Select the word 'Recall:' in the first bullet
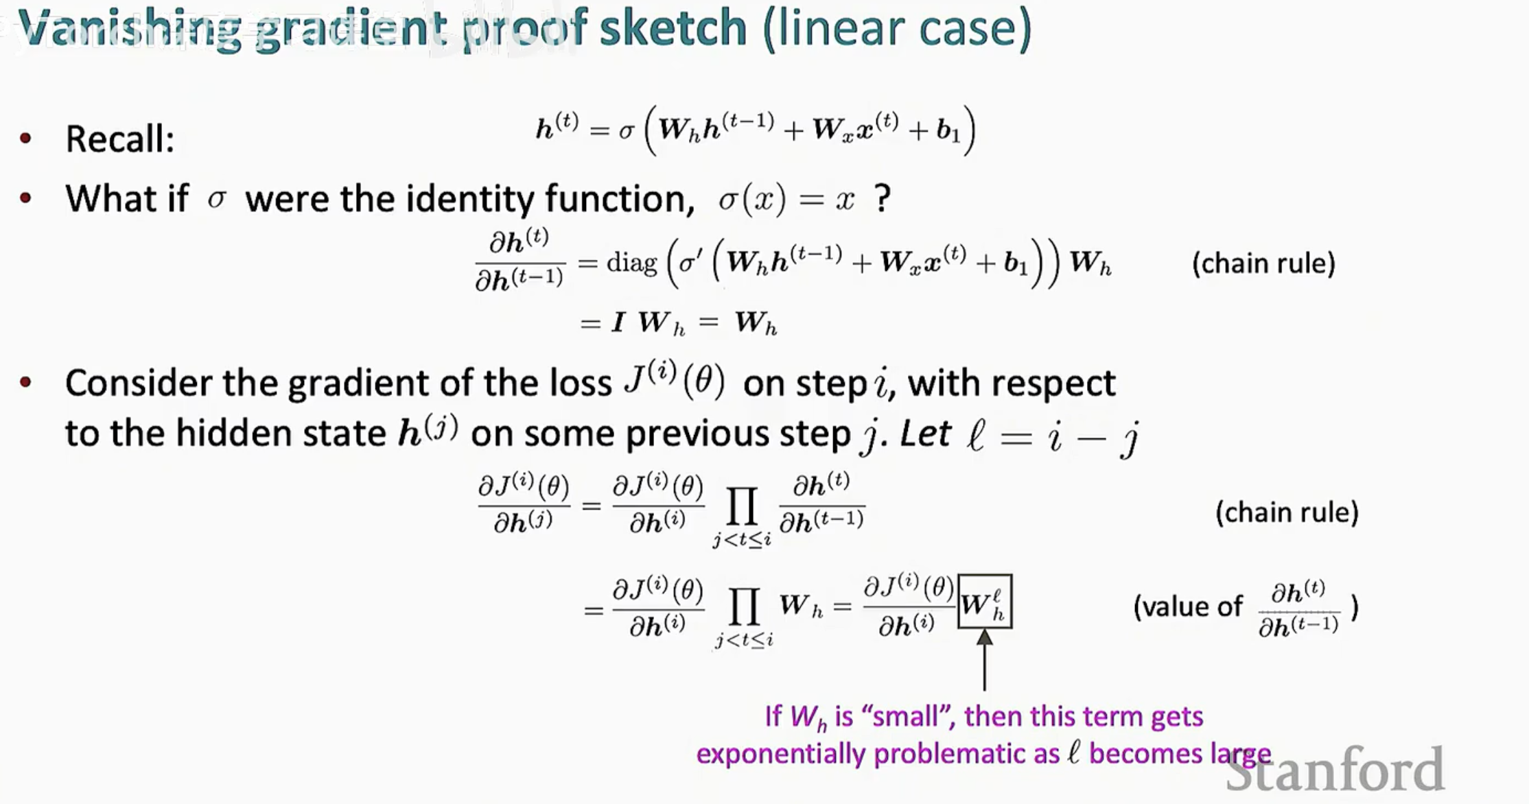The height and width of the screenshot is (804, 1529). pos(120,139)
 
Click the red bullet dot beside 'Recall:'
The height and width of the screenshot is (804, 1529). pos(26,139)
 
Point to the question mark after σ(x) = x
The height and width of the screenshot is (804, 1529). pos(883,198)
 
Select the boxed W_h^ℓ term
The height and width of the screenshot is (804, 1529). pos(985,602)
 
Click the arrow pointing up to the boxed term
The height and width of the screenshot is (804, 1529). pos(985,660)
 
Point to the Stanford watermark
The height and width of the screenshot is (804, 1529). pos(1335,769)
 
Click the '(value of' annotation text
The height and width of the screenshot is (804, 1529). pos(1188,606)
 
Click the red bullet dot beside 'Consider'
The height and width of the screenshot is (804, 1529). pos(26,382)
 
